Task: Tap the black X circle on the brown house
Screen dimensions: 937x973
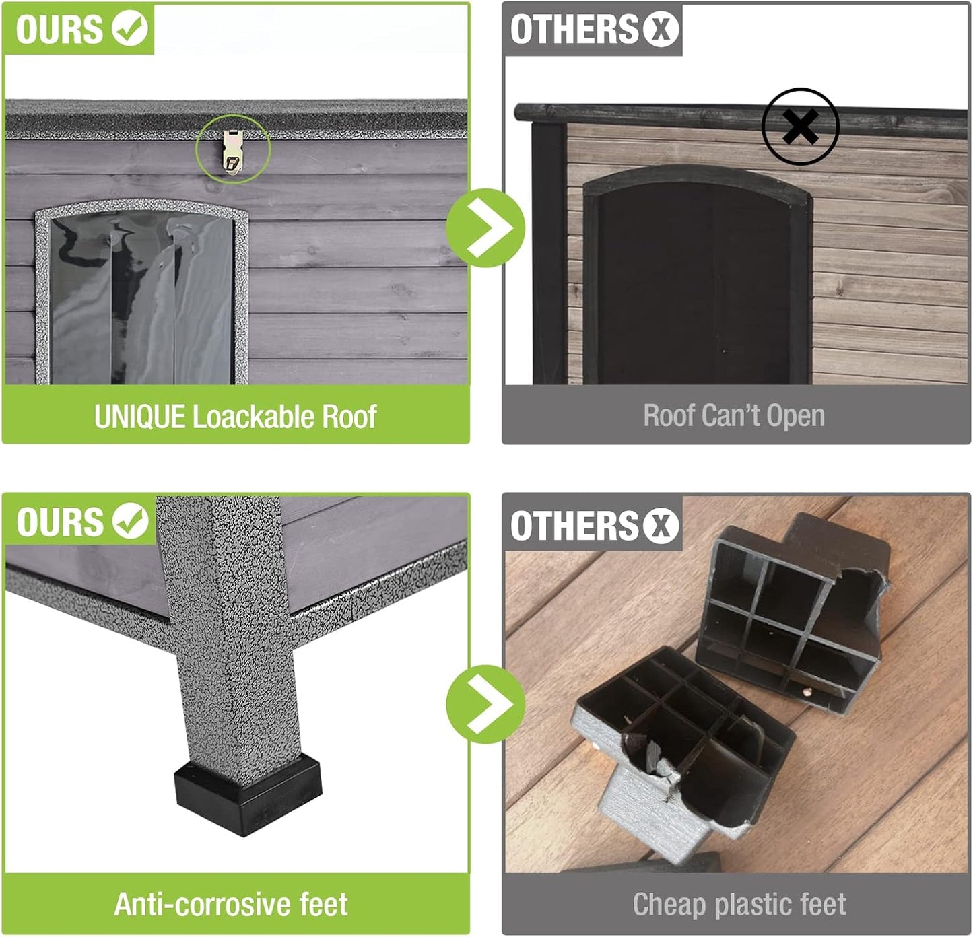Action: click(x=800, y=126)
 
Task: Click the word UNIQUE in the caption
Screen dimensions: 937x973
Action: click(x=139, y=417)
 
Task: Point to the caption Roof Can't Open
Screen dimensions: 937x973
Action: click(x=733, y=415)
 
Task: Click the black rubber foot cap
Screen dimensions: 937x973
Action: click(x=247, y=795)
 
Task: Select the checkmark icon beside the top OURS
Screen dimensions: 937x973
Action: click(x=130, y=28)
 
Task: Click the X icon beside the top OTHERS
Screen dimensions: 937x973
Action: click(x=661, y=29)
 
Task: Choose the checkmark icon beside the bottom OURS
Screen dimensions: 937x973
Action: click(x=130, y=521)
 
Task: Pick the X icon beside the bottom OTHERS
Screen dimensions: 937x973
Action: click(x=661, y=525)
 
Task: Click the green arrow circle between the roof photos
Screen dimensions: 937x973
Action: click(x=485, y=228)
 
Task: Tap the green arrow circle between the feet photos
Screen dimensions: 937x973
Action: click(x=485, y=704)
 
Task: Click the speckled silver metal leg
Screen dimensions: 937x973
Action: click(x=229, y=639)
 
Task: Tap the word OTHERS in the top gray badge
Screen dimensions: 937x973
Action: click(x=573, y=29)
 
